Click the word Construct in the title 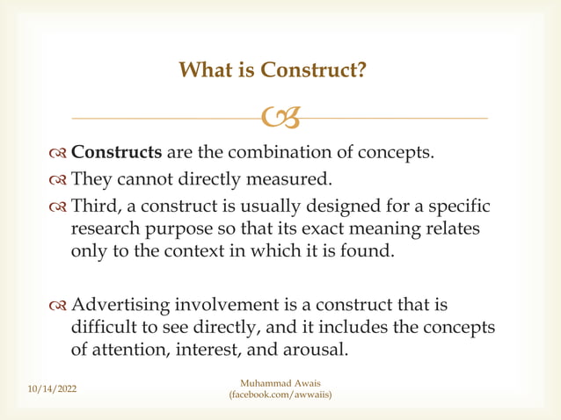coord(310,69)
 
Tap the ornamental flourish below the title coord(280,116)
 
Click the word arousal coord(312,349)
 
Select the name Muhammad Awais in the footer coord(280,382)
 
